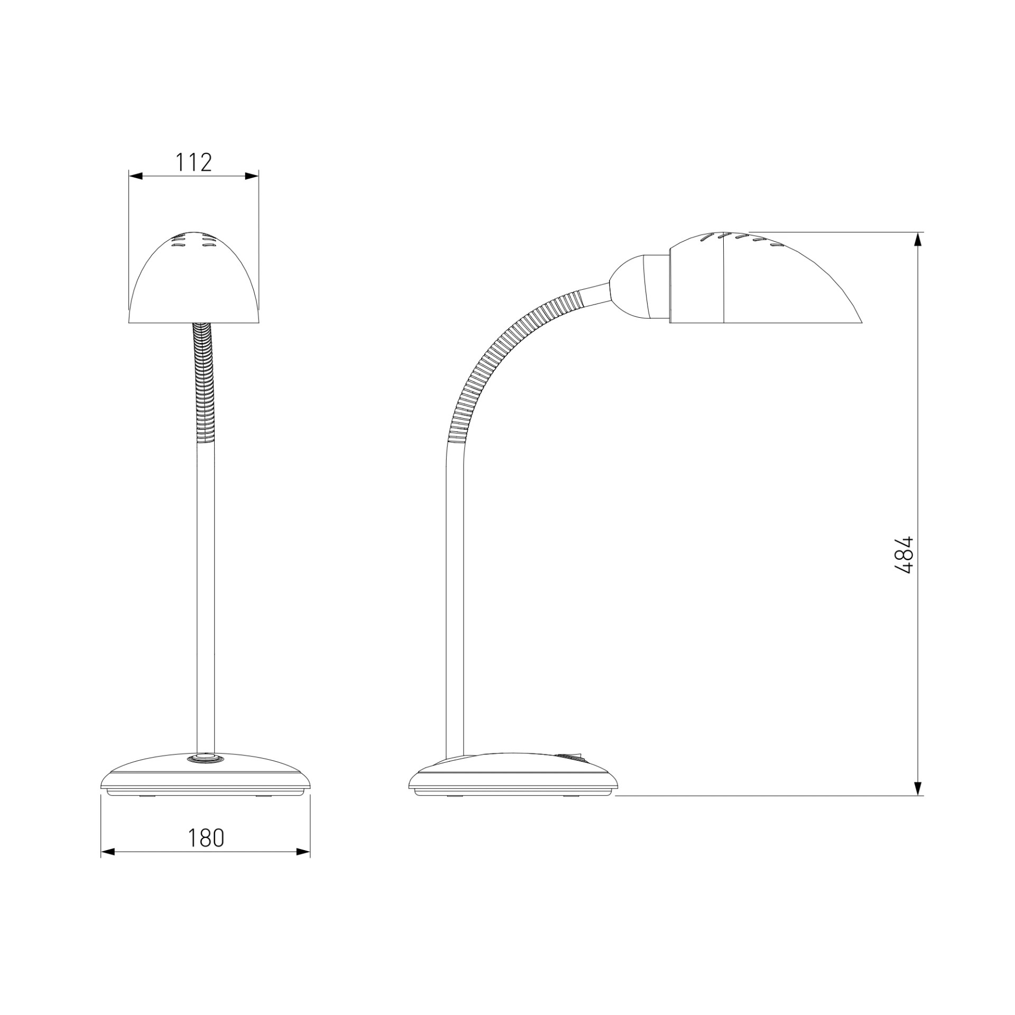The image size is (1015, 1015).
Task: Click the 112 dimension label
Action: (193, 162)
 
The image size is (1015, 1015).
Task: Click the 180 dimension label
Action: (206, 838)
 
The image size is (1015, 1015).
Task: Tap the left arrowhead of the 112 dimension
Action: (136, 177)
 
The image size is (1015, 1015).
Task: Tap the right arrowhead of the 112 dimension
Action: (252, 177)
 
